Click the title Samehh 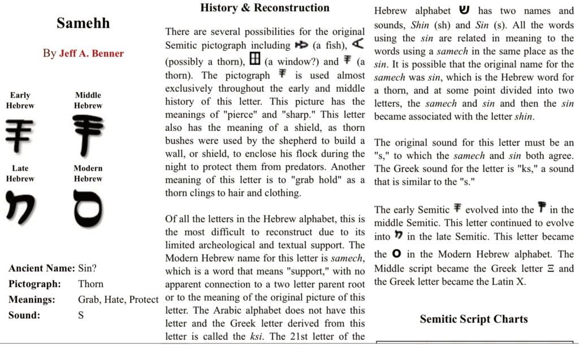83,23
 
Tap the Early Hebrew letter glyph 19,134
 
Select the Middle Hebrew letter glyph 88,135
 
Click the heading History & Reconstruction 265,8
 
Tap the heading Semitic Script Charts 473,319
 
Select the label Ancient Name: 42,268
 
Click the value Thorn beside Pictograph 90,284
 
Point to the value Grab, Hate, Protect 118,300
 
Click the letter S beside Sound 81,315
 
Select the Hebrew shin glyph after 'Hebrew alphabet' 464,10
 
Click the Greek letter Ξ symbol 551,268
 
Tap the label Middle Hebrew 88,101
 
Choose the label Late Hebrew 20,174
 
